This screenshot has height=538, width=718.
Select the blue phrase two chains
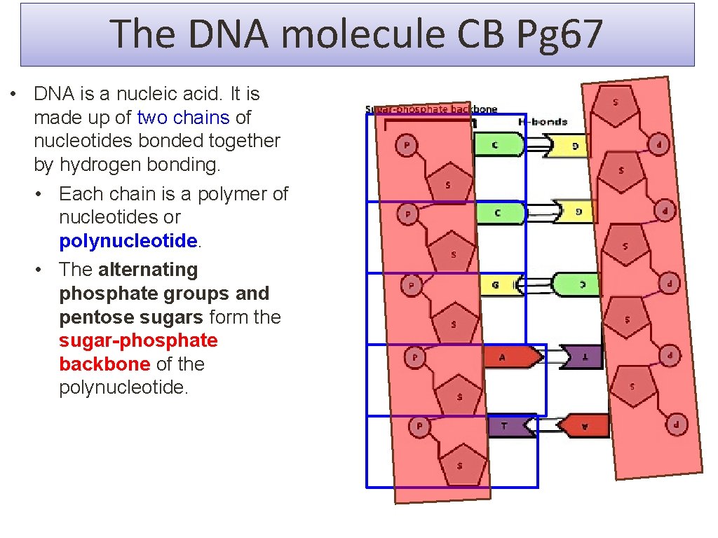[x=183, y=117]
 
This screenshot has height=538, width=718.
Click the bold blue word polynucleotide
[x=128, y=241]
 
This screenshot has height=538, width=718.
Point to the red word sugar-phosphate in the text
[x=139, y=340]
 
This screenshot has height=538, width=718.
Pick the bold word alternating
[x=149, y=270]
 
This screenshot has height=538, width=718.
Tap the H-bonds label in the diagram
[x=542, y=122]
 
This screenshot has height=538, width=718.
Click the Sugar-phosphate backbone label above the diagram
[x=431, y=109]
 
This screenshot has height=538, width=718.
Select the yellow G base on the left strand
[x=497, y=286]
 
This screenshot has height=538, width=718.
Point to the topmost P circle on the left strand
[x=406, y=146]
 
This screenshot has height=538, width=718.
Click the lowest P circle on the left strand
[x=419, y=426]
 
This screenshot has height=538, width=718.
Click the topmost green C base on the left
[x=497, y=145]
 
